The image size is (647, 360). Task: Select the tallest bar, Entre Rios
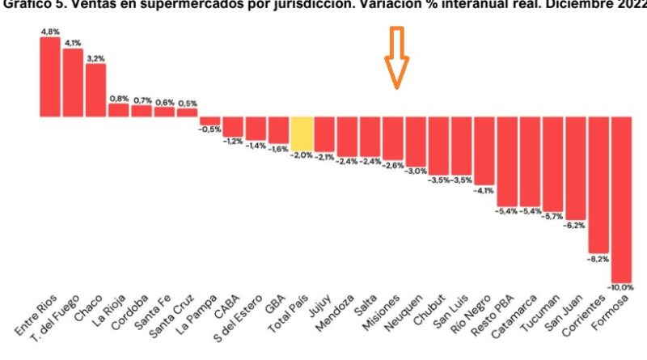coord(50,77)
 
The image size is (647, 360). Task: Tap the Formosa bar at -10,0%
coord(621,198)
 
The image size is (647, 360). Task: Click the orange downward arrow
coord(397,58)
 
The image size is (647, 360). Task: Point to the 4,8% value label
coord(50,32)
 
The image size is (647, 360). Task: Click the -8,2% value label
coord(598,260)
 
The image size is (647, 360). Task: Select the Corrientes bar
coord(598,185)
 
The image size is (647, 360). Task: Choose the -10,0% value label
coord(621,287)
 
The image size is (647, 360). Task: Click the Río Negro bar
coord(484,150)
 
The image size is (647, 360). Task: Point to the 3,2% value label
coord(95,58)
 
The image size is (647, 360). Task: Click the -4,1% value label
coord(484,191)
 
